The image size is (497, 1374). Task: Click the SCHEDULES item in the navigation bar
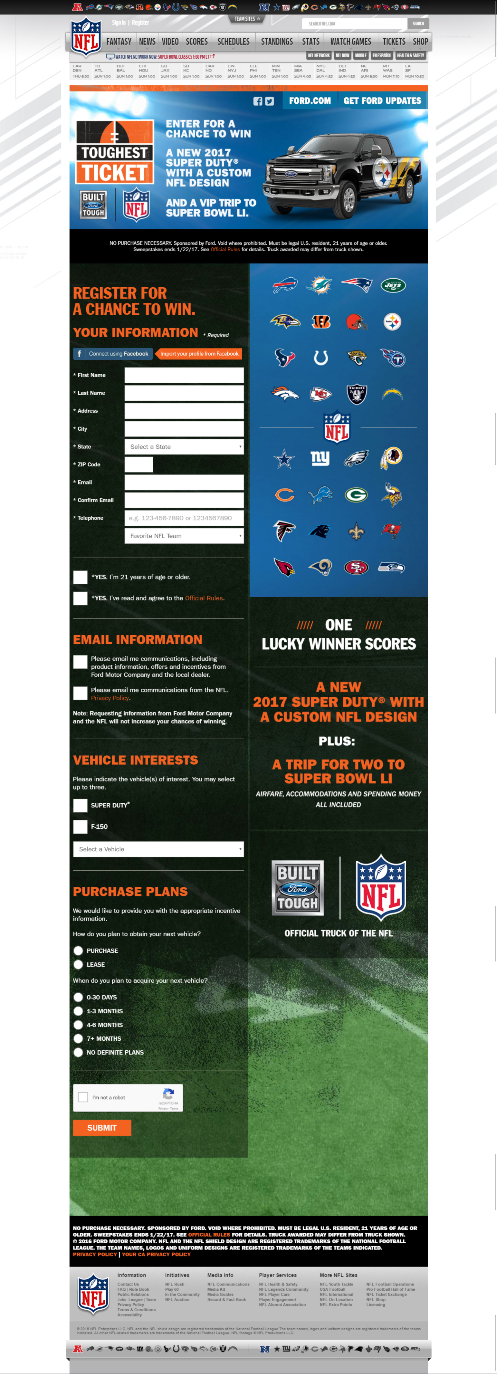click(x=233, y=42)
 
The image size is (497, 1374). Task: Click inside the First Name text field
click(x=184, y=375)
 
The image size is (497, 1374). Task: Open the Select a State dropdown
click(x=184, y=446)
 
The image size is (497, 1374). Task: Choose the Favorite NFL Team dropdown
click(x=184, y=536)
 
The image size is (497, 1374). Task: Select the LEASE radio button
click(x=78, y=964)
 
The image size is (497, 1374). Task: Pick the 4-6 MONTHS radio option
click(x=78, y=1025)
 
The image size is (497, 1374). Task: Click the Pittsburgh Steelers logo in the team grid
click(x=392, y=322)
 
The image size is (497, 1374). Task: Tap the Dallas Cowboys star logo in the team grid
click(x=284, y=459)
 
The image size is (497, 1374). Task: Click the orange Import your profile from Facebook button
click(x=199, y=354)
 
